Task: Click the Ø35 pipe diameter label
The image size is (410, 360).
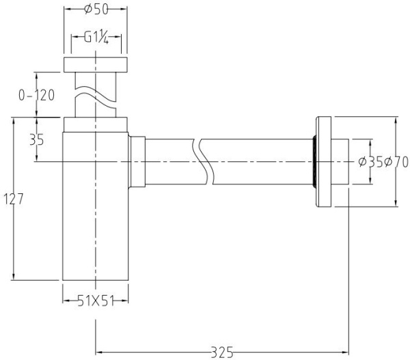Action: (x=370, y=162)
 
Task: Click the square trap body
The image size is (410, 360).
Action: (x=96, y=219)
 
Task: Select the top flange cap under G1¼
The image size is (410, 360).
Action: (x=96, y=66)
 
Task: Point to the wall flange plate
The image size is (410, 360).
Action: (x=323, y=162)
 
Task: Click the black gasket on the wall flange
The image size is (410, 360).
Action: (x=314, y=162)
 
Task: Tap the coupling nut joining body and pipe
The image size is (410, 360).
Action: (x=137, y=162)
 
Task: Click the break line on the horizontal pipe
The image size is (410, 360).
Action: (x=203, y=162)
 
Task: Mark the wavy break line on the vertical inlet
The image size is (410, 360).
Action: (x=96, y=96)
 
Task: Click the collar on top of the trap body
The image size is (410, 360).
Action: (x=96, y=124)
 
